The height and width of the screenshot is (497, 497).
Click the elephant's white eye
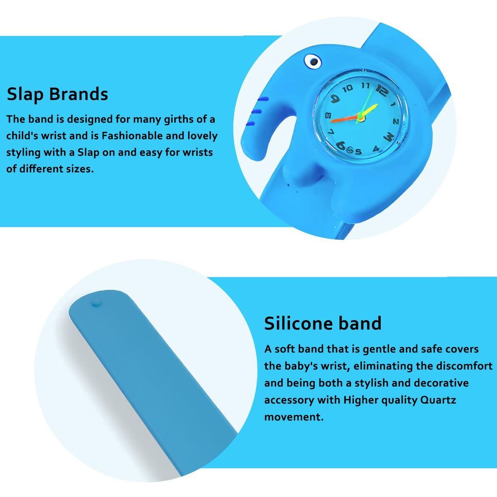[x=313, y=62]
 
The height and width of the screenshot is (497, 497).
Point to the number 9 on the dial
[x=335, y=99]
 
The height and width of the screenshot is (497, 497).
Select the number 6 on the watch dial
[x=341, y=146]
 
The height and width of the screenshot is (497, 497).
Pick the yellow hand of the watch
[x=368, y=110]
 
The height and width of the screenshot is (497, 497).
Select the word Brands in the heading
[x=79, y=94]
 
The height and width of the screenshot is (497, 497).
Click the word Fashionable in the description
[x=132, y=136]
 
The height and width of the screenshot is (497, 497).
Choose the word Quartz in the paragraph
[x=438, y=400]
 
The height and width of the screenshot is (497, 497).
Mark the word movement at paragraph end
[x=294, y=417]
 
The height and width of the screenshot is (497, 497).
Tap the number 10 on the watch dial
[x=348, y=88]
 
